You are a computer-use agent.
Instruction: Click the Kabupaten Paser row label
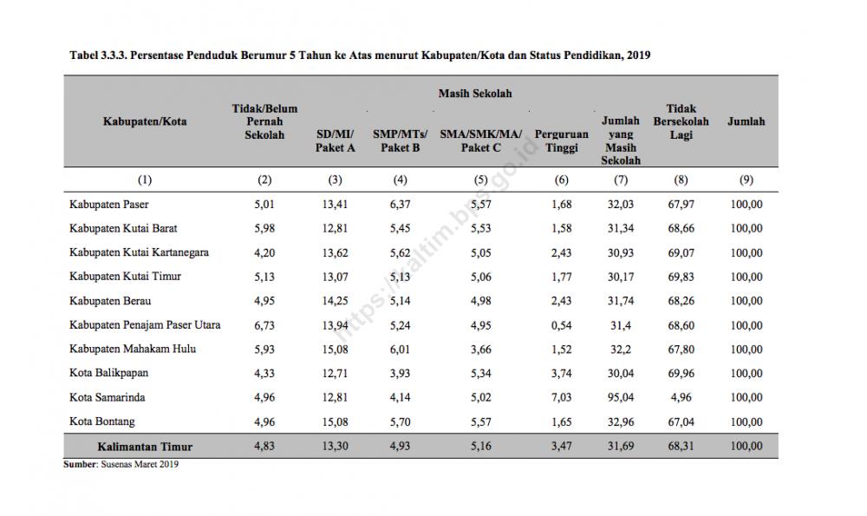click(x=109, y=204)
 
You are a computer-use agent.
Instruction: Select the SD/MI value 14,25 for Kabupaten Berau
click(x=335, y=301)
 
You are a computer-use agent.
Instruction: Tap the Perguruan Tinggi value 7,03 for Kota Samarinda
click(x=561, y=397)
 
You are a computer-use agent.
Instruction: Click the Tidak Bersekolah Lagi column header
click(x=681, y=121)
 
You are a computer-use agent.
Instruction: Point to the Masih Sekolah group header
click(x=475, y=94)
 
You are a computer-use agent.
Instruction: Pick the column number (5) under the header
click(x=480, y=180)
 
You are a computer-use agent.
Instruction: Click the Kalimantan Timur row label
click(x=145, y=447)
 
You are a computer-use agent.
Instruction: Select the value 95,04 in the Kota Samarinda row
click(x=621, y=397)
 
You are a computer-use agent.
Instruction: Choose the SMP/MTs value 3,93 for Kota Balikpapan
click(x=400, y=373)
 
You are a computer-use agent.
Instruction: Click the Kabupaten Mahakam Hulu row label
click(x=133, y=349)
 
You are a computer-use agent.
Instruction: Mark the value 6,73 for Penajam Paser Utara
click(x=264, y=325)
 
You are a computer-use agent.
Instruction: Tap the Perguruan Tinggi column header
click(x=561, y=141)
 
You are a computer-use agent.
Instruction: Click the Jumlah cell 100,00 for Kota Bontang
click(x=746, y=421)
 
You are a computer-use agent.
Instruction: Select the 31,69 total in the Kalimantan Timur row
click(x=621, y=446)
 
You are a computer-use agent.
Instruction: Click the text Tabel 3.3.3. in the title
click(x=98, y=56)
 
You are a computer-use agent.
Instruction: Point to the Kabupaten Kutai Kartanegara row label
click(x=139, y=252)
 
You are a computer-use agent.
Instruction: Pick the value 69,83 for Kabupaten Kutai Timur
click(x=681, y=277)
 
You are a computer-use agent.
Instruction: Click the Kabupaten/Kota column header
click(x=145, y=121)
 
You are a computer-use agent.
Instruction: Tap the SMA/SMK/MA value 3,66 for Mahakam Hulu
click(x=480, y=349)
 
